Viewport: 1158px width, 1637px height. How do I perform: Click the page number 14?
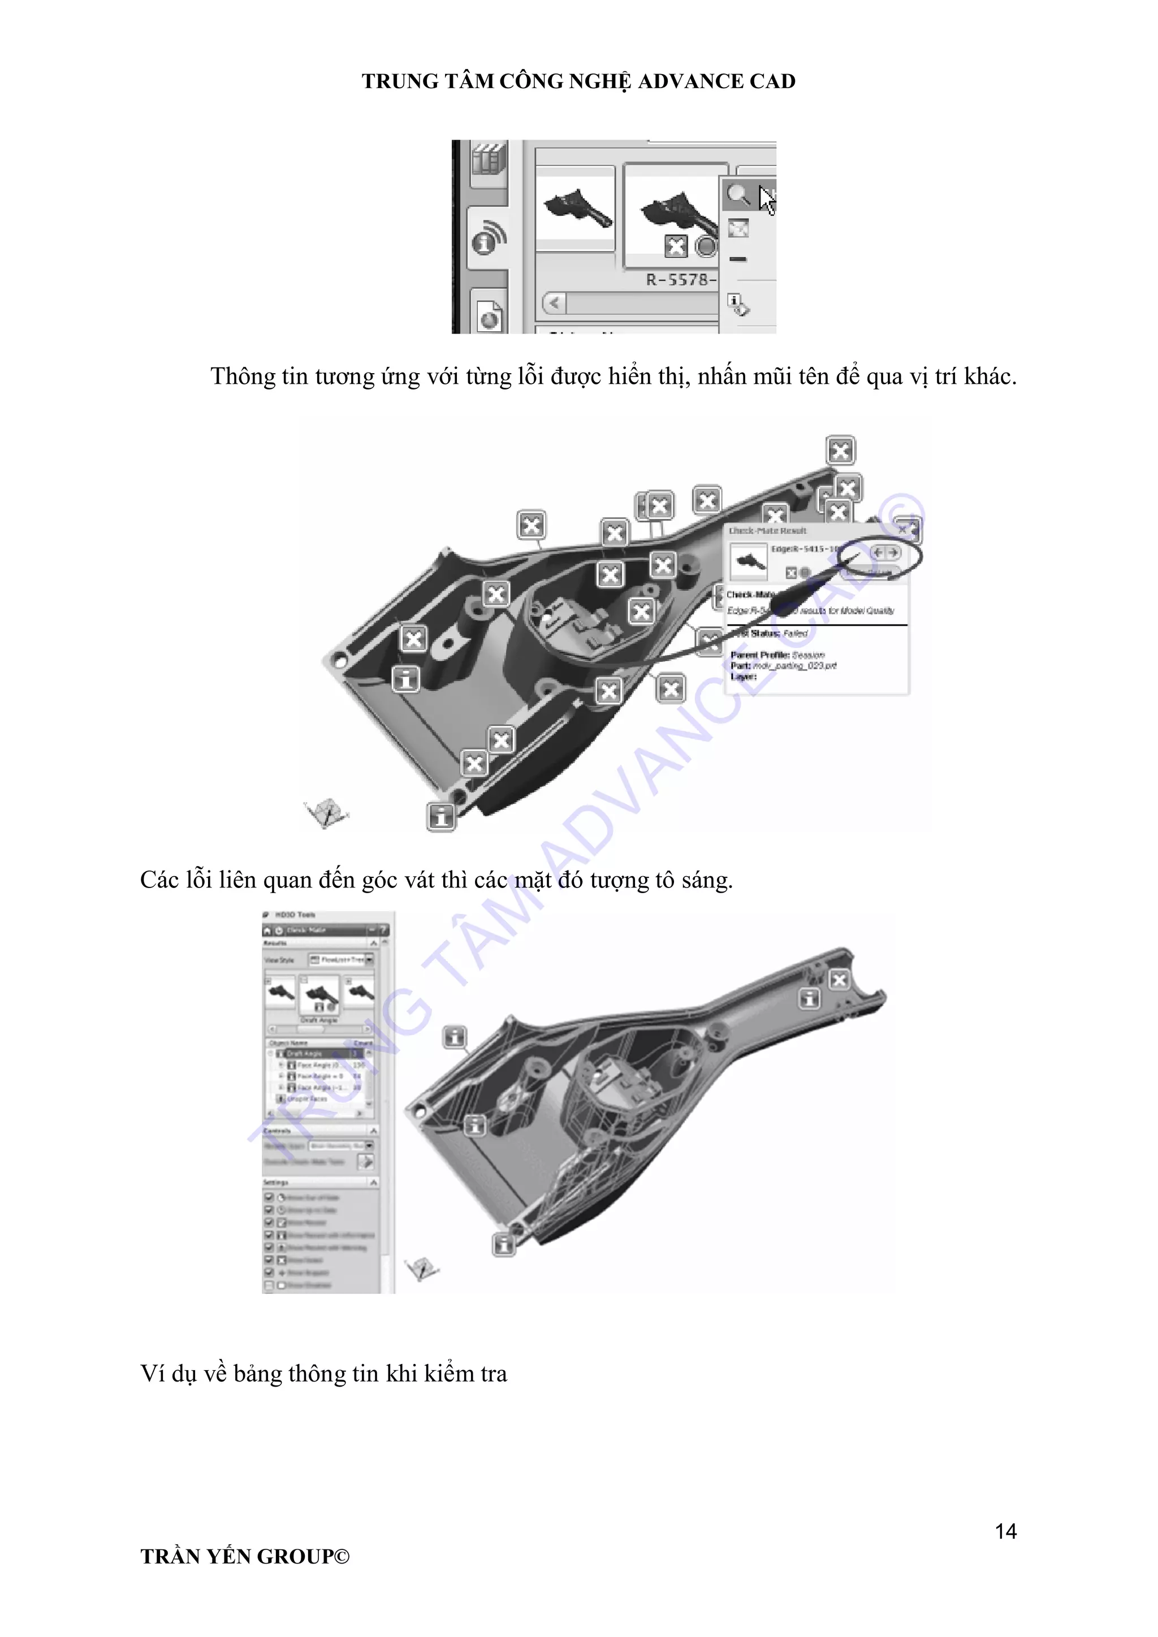1005,1531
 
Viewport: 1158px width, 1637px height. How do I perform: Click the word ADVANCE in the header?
690,81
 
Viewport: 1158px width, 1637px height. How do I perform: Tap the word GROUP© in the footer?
303,1556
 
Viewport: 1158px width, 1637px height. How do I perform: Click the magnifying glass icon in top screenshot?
737,194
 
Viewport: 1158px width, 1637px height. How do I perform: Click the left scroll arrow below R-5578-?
554,303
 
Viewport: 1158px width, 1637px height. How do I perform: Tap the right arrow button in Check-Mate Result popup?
893,553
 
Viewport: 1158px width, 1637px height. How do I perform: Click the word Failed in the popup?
795,633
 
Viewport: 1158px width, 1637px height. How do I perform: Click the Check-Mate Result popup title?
767,531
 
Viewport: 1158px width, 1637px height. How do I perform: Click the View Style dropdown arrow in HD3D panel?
369,960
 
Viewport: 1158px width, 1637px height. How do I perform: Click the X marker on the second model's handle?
839,980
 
